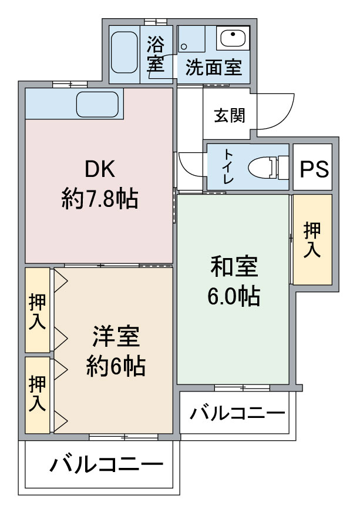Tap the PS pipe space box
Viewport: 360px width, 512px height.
(314, 168)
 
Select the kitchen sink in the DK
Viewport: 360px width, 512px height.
(99, 105)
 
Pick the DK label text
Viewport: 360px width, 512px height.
(100, 169)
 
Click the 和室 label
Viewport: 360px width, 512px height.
(234, 267)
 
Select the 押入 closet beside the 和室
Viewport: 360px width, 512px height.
(312, 239)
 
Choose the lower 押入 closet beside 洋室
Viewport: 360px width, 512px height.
(36, 394)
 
